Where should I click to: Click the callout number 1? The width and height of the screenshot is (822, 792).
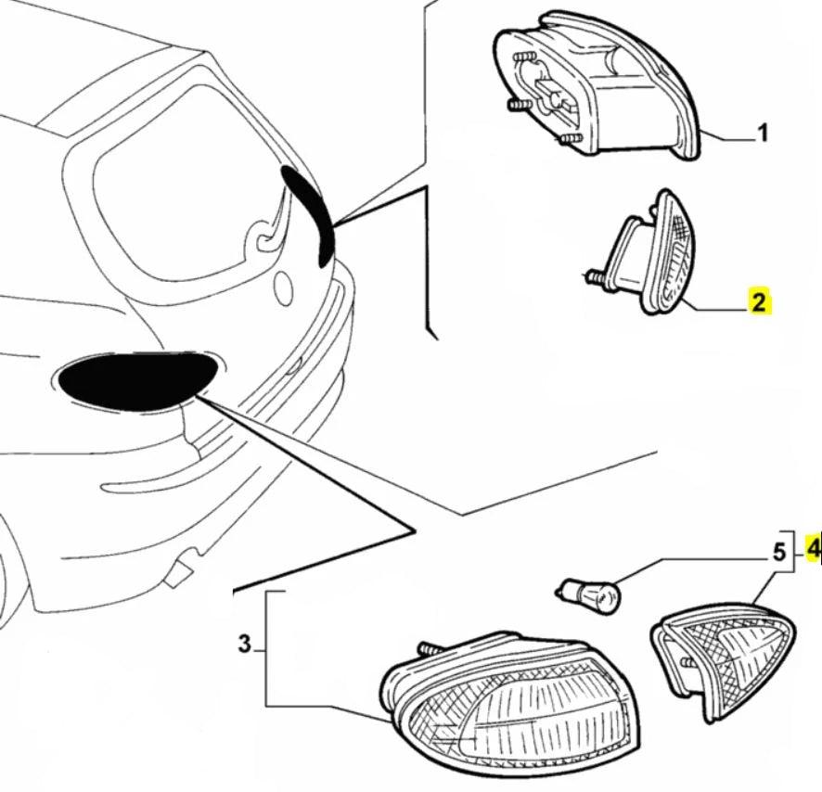click(x=763, y=135)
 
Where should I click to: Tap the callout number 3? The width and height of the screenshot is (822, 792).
click(x=245, y=644)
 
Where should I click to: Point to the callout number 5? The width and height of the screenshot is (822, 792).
click(x=779, y=554)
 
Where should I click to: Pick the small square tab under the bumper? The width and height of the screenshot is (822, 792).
click(x=181, y=568)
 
